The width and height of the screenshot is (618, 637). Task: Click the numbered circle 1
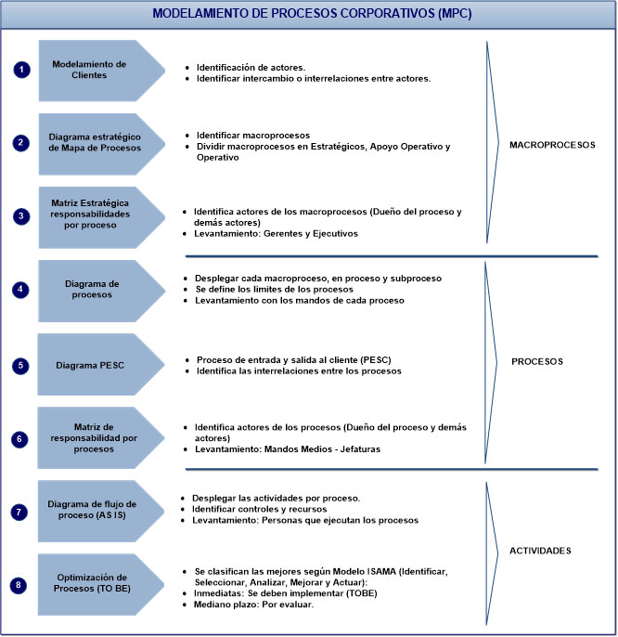(20, 71)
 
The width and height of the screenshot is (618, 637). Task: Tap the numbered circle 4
(20, 289)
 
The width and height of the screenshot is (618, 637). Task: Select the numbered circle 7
(20, 511)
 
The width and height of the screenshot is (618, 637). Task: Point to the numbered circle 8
(20, 584)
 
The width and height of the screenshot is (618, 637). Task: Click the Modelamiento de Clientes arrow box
(93, 71)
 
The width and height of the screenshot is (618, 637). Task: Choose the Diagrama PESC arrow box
(93, 365)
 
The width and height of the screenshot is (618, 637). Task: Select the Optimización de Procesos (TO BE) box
(93, 584)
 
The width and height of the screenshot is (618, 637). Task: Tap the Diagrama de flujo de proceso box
(93, 511)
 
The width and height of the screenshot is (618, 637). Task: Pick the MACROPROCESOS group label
(552, 145)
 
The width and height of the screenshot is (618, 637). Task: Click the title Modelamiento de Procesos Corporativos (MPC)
(308, 15)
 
